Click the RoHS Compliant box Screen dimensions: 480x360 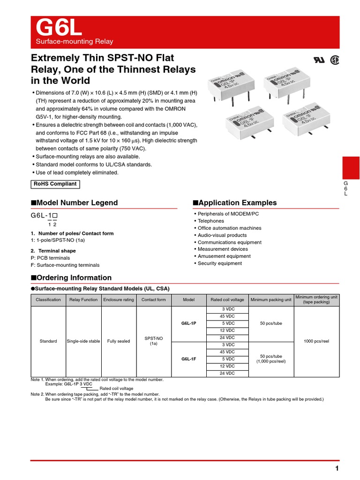(55, 184)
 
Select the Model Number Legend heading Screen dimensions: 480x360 (74, 203)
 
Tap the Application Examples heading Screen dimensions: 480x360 (235, 203)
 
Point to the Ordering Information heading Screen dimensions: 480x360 (71, 277)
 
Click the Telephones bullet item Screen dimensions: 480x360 (210, 221)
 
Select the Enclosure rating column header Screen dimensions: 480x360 (119, 300)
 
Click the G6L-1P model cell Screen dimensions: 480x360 (189, 323)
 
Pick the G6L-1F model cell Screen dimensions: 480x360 (189, 359)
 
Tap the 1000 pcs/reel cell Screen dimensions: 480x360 (316, 341)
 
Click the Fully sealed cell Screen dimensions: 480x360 (119, 341)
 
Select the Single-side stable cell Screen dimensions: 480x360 (83, 341)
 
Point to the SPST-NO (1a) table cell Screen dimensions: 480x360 (154, 341)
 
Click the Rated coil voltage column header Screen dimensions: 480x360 (227, 300)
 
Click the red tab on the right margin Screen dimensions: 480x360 (351, 168)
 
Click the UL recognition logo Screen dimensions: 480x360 (318, 60)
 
